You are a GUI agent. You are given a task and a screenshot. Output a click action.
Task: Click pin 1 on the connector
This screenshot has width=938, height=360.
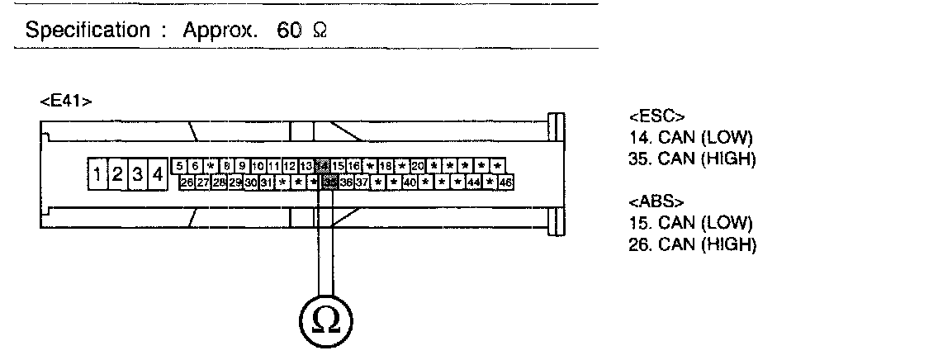coord(97,174)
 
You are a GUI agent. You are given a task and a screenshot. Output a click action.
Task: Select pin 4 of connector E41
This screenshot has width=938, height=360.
coord(155,174)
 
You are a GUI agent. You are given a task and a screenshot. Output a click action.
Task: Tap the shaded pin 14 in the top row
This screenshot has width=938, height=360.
coord(323,166)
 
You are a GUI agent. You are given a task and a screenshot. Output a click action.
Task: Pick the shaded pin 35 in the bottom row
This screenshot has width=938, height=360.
coord(329,182)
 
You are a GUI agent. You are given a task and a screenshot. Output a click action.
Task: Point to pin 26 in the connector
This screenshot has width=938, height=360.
coord(187,182)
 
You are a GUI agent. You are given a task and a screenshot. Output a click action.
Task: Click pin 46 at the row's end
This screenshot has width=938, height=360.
coord(505,182)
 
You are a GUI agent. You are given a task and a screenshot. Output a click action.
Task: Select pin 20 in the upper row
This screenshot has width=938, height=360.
coord(417,166)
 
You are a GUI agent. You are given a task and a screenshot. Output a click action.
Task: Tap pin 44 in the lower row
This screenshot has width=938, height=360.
coord(474,182)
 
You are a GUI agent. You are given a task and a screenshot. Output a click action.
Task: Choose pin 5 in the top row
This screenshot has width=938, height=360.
coord(180,166)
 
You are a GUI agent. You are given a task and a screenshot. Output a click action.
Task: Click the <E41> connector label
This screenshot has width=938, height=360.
coord(65,102)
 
